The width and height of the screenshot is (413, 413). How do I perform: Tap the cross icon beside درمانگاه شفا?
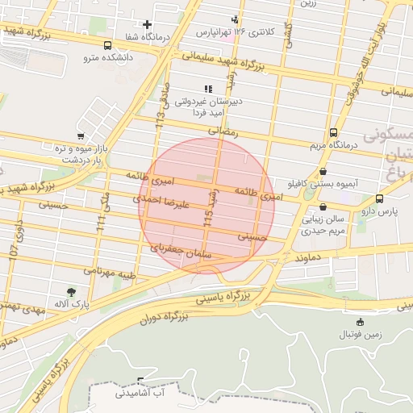point(147,24)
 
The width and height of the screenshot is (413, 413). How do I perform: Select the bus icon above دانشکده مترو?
point(108,45)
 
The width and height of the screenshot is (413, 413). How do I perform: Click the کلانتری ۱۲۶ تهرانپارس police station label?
point(236,31)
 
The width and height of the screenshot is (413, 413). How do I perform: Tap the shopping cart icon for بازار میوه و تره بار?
point(80,136)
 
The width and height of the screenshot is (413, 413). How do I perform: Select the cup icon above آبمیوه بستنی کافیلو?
point(323,171)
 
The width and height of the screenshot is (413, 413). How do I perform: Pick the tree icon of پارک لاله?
point(73,292)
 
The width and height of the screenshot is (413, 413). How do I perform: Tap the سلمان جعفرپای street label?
point(179,251)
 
